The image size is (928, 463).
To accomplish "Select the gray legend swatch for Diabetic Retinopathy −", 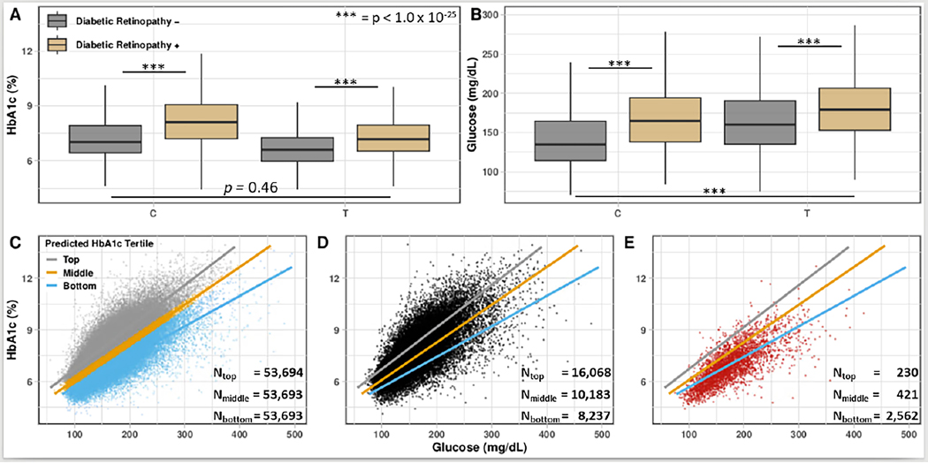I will click(x=59, y=21).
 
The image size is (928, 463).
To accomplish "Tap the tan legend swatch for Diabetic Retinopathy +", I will click(x=59, y=42).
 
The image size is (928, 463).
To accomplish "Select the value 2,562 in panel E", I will click(x=894, y=414).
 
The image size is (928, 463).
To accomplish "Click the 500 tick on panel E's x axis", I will click(x=908, y=435).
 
